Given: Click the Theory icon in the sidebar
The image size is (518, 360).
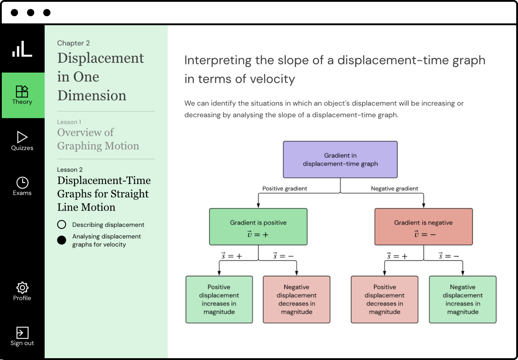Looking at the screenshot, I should click(22, 91).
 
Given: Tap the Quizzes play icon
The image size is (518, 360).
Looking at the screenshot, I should click(22, 137).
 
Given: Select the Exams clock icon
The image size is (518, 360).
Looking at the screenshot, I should click(22, 183).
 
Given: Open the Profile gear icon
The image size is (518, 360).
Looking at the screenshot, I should click(22, 288).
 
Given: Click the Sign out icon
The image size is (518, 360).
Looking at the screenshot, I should click(22, 333).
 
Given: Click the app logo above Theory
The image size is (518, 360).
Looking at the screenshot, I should click(22, 49).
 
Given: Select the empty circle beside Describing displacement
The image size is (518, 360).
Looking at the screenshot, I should click(62, 224).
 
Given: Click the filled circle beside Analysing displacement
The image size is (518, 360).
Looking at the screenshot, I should click(62, 240).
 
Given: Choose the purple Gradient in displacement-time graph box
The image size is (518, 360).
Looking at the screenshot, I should click(340, 160).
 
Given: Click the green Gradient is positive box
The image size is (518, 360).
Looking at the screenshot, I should click(258, 227).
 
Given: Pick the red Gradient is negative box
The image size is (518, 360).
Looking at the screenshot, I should click(423, 227).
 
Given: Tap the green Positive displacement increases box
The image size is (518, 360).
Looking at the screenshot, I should click(219, 299).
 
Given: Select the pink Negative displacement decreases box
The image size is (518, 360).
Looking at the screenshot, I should click(296, 299).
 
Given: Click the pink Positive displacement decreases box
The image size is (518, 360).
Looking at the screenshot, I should click(384, 299).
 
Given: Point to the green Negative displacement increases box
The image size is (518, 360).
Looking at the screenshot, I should click(462, 299).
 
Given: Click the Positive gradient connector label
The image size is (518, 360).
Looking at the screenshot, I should click(285, 188).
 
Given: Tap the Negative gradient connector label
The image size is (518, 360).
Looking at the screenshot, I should click(394, 188).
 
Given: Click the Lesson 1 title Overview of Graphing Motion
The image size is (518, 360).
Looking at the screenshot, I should click(98, 139).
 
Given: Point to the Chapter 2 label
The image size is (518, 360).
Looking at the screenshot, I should click(73, 43).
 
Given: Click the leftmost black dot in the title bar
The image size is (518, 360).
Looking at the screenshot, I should click(14, 13).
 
